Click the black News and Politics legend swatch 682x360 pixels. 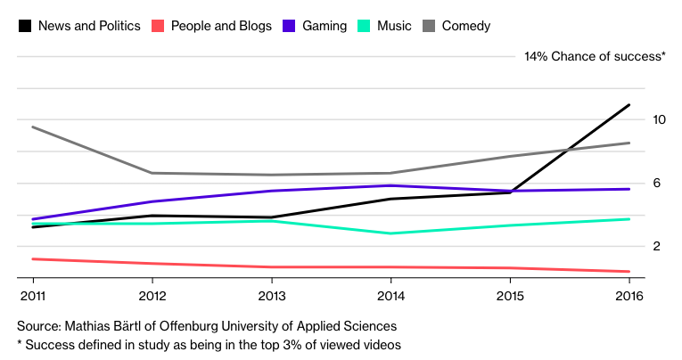(x=25, y=26)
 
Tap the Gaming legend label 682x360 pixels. (x=325, y=26)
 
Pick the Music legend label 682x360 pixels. (x=394, y=26)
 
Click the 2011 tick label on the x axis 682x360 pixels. (x=33, y=295)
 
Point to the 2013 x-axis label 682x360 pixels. (x=272, y=295)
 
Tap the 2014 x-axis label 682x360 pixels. (x=391, y=295)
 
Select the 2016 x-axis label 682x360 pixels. (x=629, y=295)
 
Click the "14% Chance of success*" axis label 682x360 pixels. (x=595, y=56)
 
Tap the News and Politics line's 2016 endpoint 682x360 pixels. (x=629, y=105)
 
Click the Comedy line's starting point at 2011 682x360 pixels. (x=33, y=127)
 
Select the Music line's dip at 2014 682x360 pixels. (x=391, y=233)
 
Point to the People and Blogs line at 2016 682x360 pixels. (x=629, y=272)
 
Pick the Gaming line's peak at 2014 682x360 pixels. (x=391, y=185)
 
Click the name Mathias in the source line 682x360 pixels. (x=90, y=326)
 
